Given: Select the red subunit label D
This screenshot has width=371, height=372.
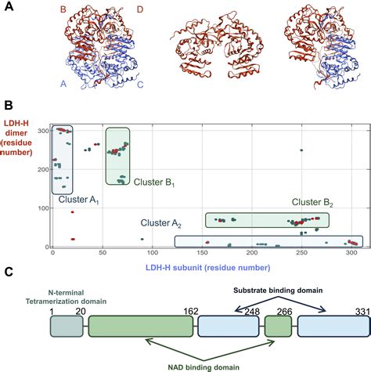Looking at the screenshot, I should (x=139, y=11).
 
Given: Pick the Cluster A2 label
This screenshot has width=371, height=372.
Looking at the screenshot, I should (x=160, y=224).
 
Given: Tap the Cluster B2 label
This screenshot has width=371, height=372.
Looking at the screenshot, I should (x=312, y=202).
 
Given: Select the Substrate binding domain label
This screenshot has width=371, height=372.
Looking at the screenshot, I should (x=280, y=290).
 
